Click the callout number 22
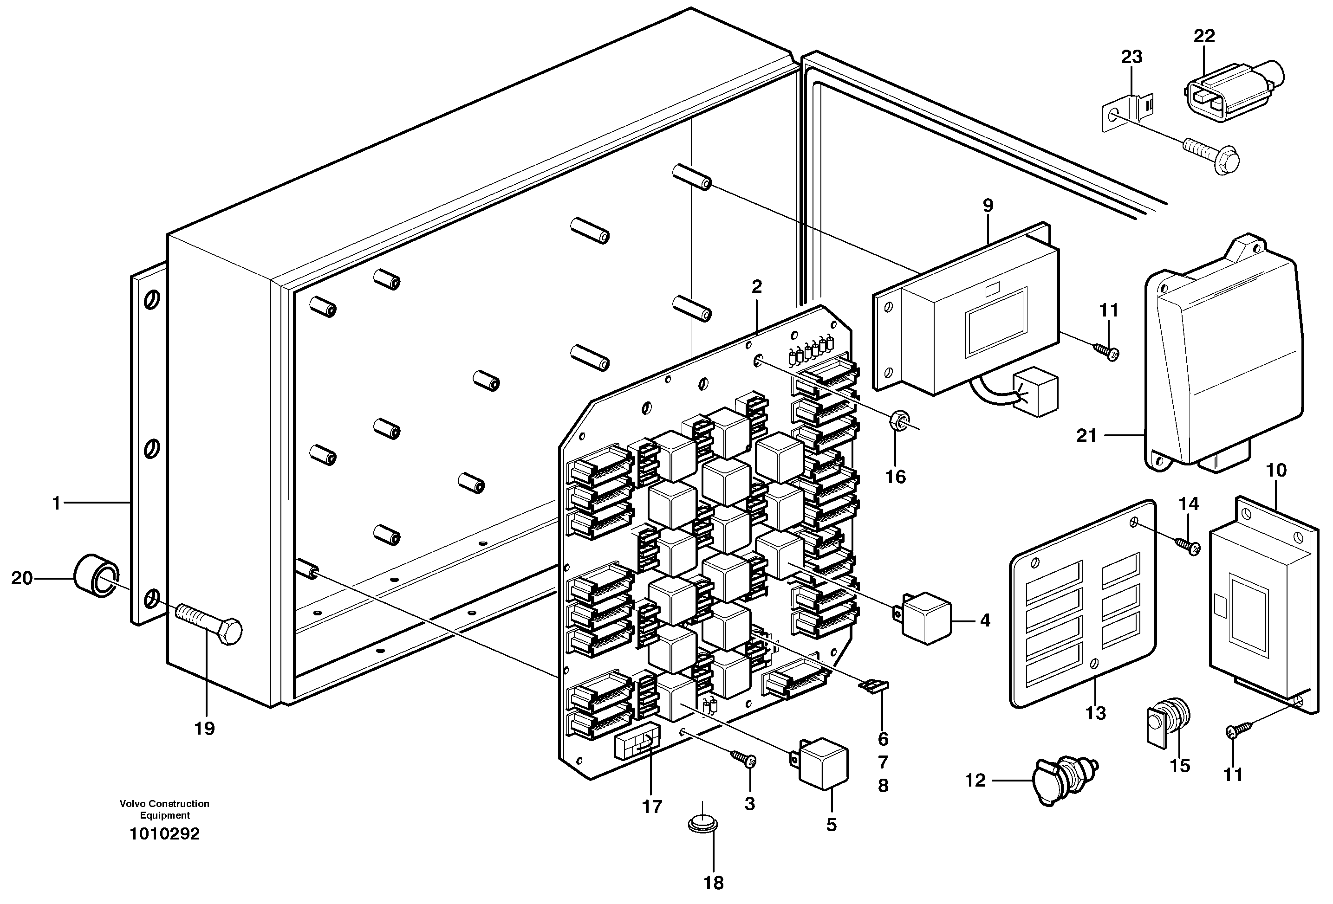point(1204,36)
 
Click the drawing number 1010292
point(165,834)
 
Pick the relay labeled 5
point(823,763)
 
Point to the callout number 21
point(1086,436)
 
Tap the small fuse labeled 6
point(873,685)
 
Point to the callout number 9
point(988,205)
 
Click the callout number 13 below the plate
point(1096,713)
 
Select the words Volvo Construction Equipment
point(165,809)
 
